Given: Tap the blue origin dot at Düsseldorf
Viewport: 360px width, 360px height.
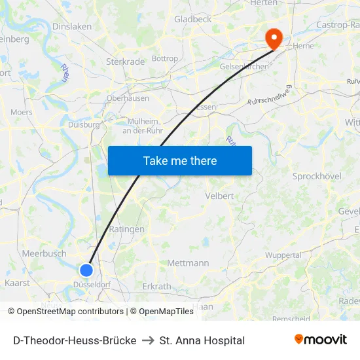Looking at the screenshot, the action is tap(86, 270).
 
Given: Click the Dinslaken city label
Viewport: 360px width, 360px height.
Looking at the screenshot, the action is tap(72, 26).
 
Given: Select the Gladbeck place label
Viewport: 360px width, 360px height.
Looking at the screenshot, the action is tap(192, 20).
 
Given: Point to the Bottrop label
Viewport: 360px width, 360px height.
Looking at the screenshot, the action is tap(165, 59).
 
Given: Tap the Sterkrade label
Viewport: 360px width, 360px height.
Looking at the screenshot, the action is tap(125, 62).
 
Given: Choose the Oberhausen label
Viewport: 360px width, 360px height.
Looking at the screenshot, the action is tap(128, 98).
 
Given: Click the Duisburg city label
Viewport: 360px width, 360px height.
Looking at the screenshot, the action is tap(84, 124).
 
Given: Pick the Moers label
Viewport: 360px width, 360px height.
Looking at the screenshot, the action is tap(22, 113).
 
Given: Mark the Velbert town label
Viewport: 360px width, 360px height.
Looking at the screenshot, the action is tap(219, 196).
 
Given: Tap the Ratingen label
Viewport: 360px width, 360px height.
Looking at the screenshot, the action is tap(122, 229).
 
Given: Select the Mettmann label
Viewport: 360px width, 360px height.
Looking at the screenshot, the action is tap(188, 263).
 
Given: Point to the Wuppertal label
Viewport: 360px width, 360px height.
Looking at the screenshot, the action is tap(283, 255).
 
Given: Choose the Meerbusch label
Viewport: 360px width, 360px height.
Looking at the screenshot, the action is tap(44, 253).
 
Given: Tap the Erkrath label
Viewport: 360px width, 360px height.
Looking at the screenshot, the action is tap(156, 287).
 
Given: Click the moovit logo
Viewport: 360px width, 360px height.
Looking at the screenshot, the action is tap(321, 340).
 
